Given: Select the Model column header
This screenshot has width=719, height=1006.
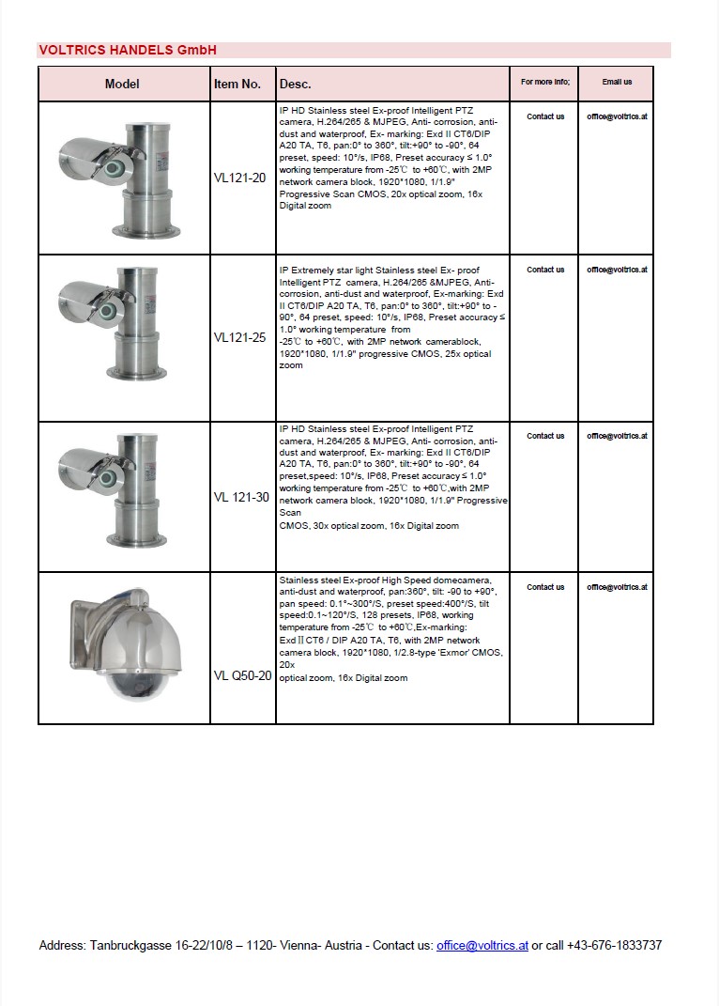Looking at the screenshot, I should point(122,84).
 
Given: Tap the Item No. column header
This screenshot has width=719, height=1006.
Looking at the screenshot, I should point(237,84).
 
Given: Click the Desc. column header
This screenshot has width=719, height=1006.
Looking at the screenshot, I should point(296,84).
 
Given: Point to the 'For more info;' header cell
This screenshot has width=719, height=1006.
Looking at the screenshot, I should point(545,83).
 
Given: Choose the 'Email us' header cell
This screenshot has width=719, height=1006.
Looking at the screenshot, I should point(617,83).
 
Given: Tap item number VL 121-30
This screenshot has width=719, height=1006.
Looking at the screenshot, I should point(242,497).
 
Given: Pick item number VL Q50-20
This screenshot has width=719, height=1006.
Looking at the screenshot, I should point(243,675).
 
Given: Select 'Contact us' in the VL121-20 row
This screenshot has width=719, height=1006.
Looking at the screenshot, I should point(545,116).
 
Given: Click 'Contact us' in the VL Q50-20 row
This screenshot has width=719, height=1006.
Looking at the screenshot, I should point(545,587).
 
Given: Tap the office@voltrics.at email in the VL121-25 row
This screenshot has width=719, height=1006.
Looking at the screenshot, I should point(617,270).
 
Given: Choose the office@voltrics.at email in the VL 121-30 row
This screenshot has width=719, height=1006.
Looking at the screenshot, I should point(617,436).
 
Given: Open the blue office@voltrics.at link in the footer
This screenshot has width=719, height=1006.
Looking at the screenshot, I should point(482,945).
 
